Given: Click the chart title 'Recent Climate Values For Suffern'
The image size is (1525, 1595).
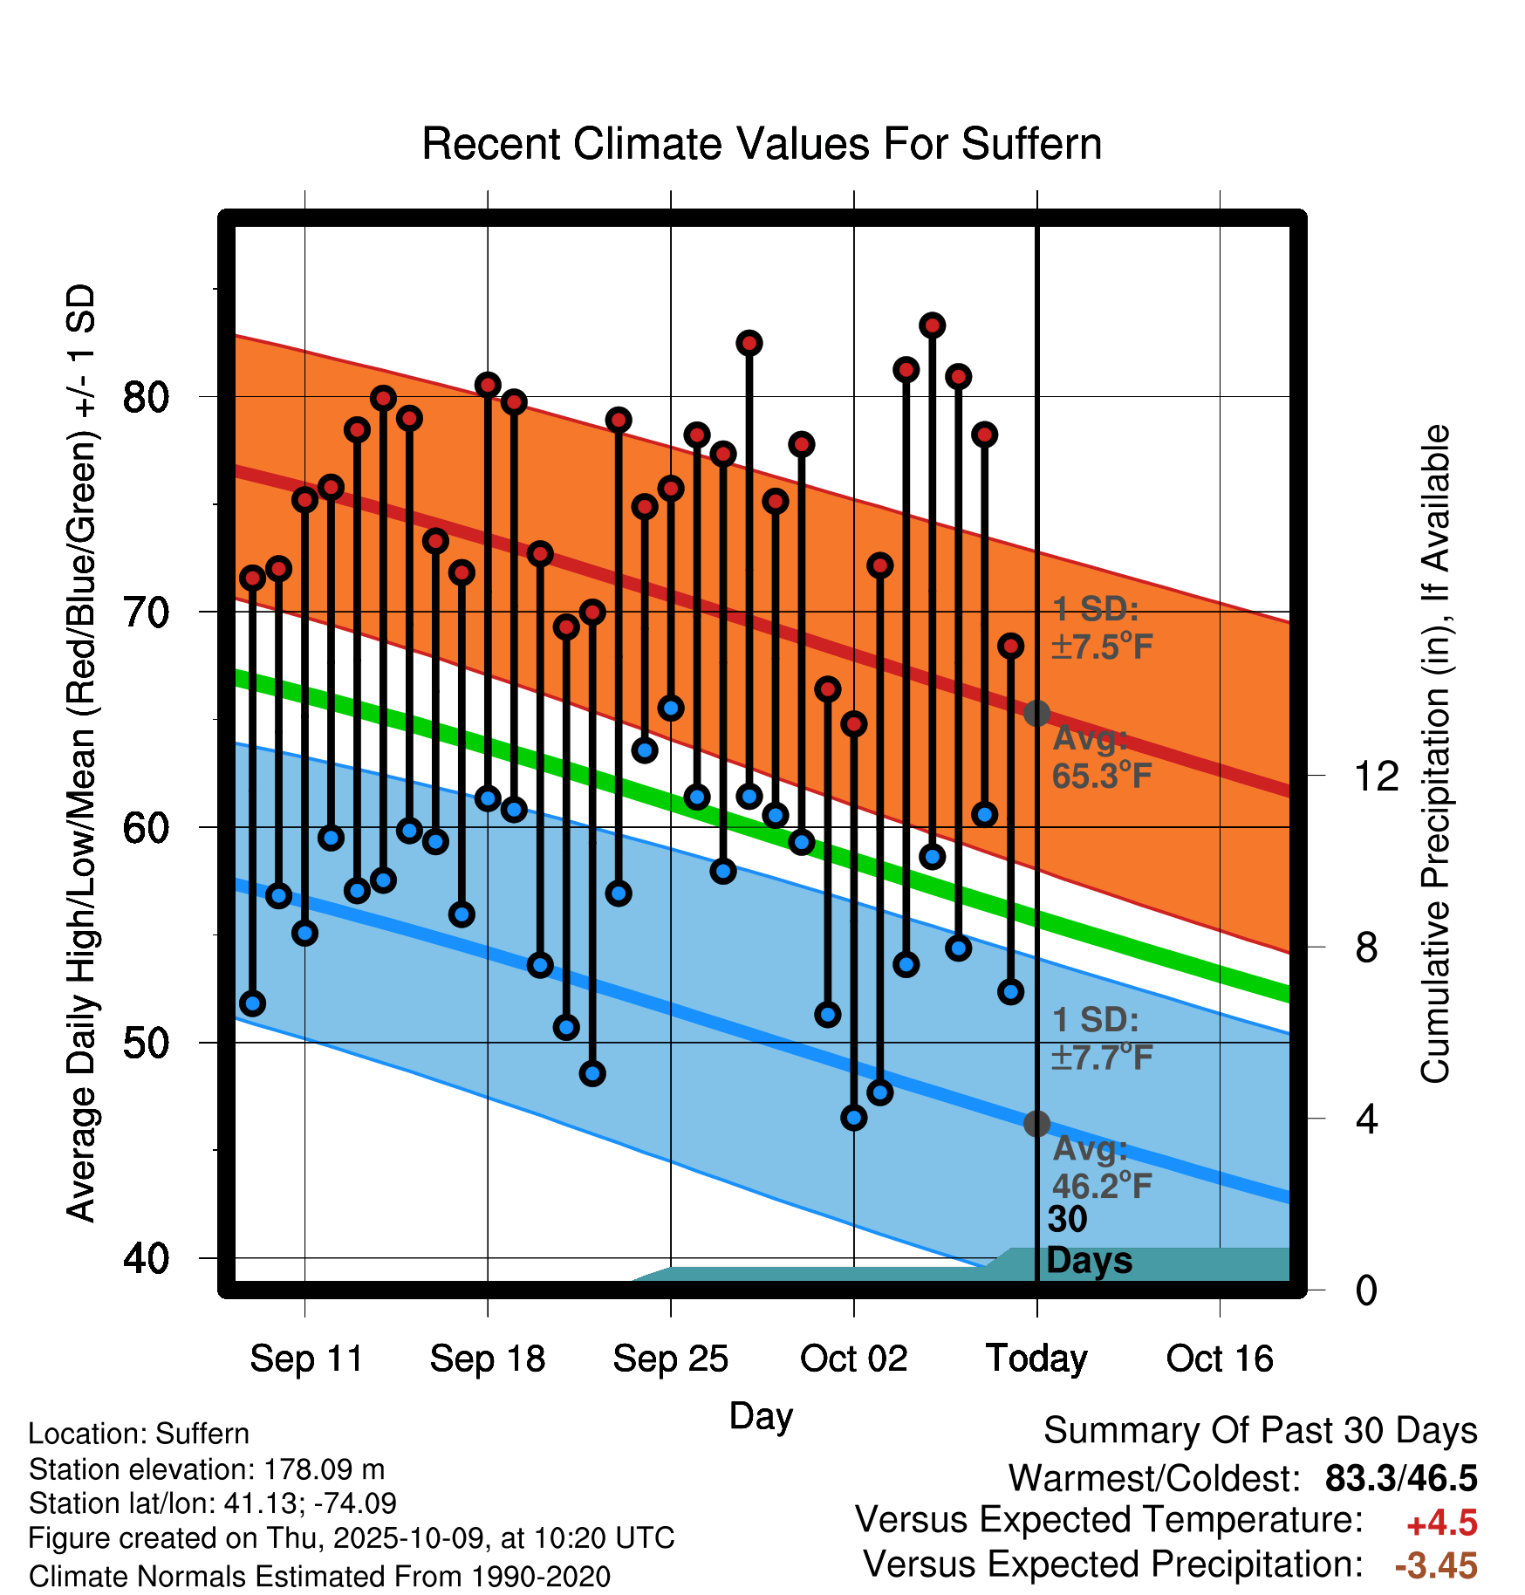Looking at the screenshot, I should (762, 144).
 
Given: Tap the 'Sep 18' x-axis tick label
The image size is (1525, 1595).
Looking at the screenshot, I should (488, 1359).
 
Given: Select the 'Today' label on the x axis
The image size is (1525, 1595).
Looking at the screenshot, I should (1036, 1359).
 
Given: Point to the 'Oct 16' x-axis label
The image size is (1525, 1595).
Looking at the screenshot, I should (1220, 1359).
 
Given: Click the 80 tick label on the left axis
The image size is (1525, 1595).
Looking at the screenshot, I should (146, 397).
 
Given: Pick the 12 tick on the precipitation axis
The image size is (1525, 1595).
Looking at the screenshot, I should (1376, 776).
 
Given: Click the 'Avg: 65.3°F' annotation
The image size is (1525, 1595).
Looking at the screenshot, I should (1102, 757).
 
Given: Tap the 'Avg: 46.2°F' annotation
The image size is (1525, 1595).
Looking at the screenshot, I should (1102, 1167).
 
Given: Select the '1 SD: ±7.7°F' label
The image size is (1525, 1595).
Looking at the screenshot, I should (1102, 1038).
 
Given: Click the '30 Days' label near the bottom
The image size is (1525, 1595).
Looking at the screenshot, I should (1088, 1240).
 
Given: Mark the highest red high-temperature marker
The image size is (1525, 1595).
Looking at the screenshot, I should (933, 325).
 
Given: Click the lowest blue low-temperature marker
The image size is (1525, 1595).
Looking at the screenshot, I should (854, 1118).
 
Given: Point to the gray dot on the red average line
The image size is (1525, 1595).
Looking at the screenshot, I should (1036, 713).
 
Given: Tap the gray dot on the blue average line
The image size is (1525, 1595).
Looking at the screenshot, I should (1036, 1123).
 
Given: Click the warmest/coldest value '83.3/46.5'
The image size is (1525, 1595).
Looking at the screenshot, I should (1400, 1478).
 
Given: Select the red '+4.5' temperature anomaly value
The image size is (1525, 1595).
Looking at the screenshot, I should (1441, 1523).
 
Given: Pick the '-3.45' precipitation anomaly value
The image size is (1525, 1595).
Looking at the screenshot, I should (1435, 1565).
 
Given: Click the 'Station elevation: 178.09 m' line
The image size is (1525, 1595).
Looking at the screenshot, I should (207, 1469).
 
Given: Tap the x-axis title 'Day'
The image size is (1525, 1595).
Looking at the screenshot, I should (761, 1415).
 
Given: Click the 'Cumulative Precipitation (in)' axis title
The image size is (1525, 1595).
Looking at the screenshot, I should (1435, 755).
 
